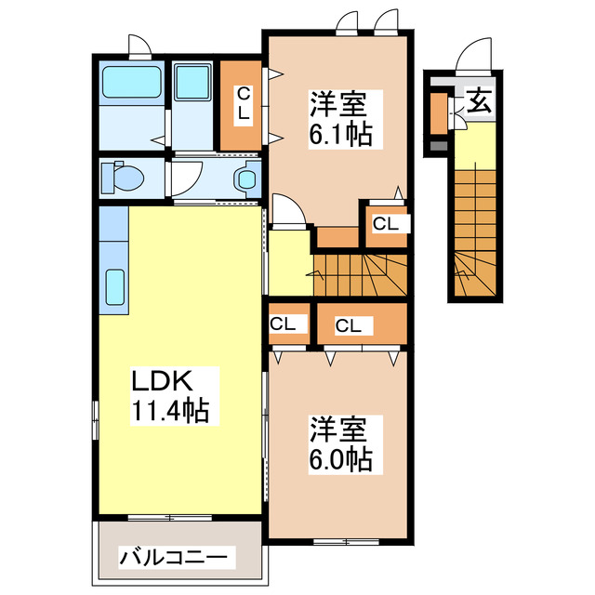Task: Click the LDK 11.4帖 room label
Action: tap(167, 394)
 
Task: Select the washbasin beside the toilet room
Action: tap(247, 177)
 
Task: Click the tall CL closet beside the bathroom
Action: tap(242, 104)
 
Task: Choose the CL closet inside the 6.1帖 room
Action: tap(386, 223)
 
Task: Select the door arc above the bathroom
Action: tap(139, 46)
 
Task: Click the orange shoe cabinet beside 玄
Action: tap(438, 112)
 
